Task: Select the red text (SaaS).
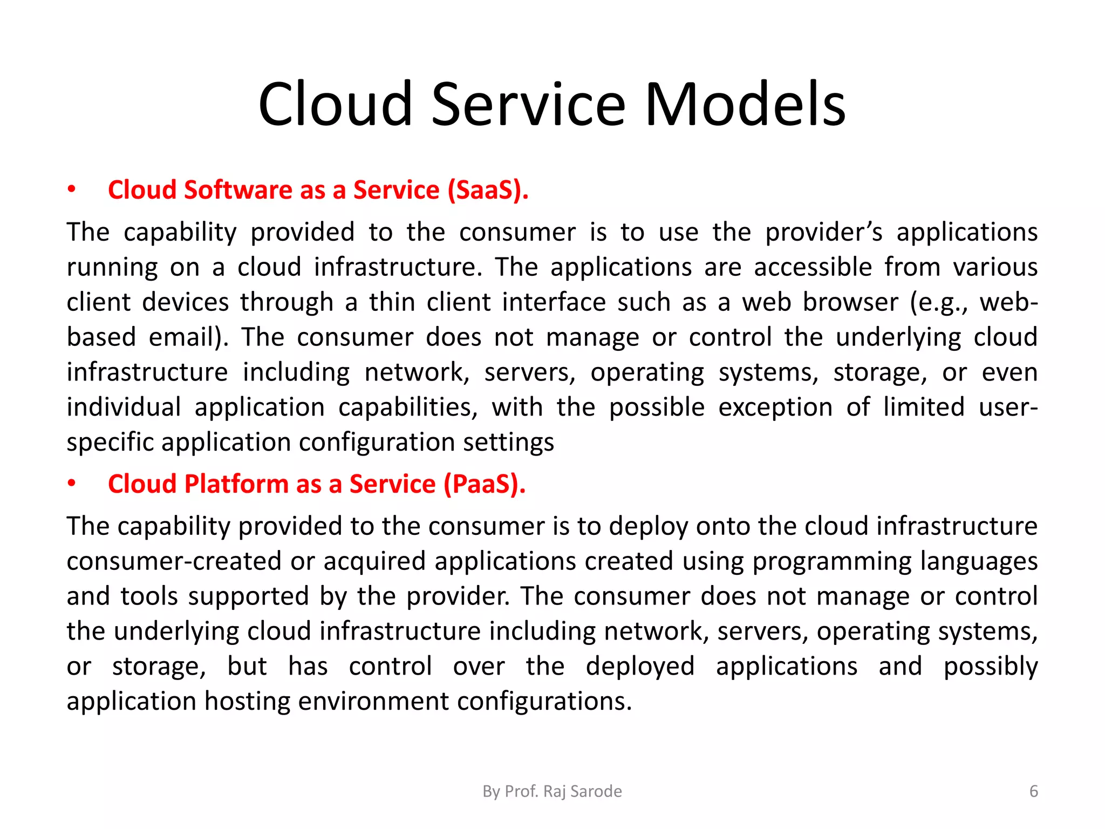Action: click(488, 190)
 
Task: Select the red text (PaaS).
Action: click(485, 484)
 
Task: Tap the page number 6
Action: click(1033, 791)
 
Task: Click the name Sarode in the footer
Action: click(596, 791)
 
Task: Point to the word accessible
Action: click(813, 267)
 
